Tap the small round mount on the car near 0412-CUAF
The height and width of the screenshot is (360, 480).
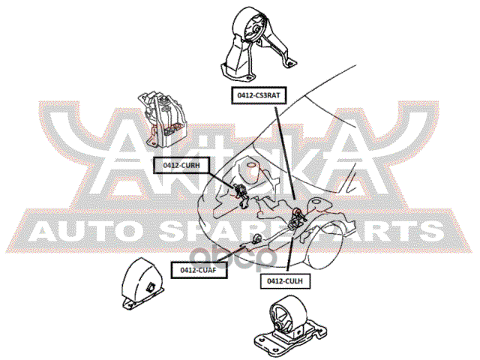click(x=257, y=238)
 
